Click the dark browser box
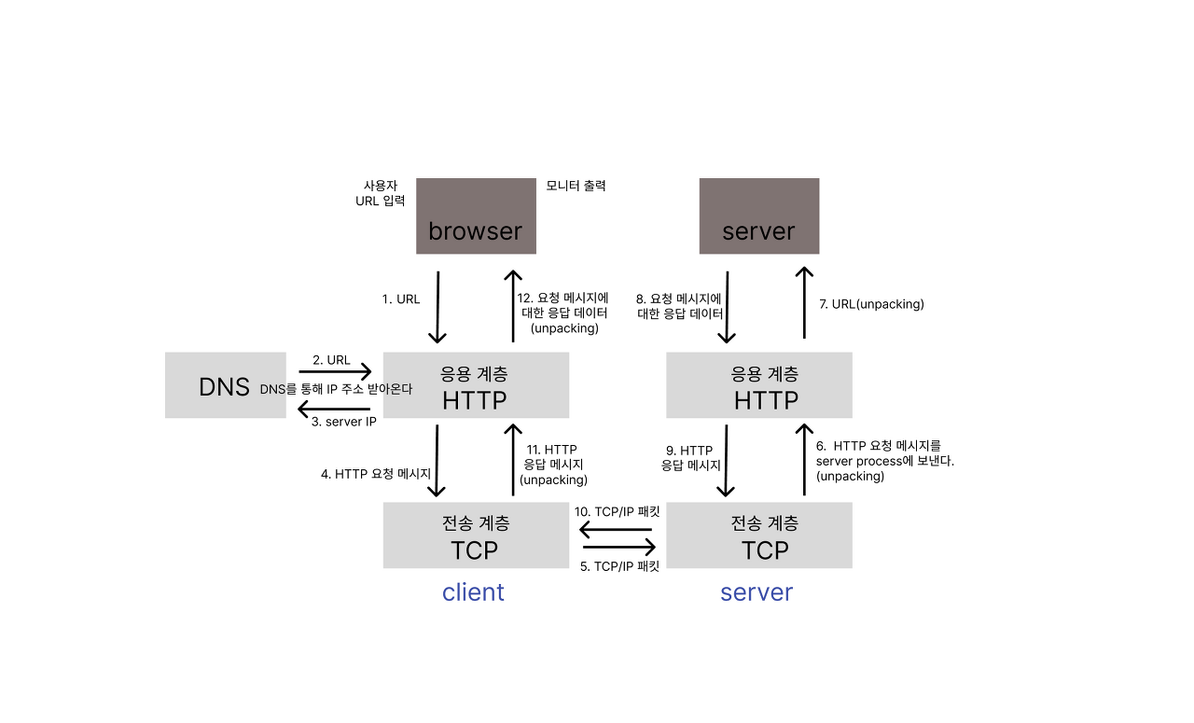pos(476,216)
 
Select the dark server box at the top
pos(759,216)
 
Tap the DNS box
pos(225,385)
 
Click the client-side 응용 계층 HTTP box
pos(476,385)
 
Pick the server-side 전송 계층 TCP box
pos(759,535)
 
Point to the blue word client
pos(473,592)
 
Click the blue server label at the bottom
pos(757,592)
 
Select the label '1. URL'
pos(401,299)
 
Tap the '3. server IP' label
pos(344,422)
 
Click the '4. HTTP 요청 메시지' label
pos(376,474)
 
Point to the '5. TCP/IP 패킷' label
pos(620,566)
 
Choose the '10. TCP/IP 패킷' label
pos(617,512)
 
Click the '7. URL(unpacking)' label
pos(870,304)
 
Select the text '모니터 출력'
pos(576,186)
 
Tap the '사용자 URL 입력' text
pos(381,193)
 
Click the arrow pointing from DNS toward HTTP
pos(335,371)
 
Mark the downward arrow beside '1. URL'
pos(437,308)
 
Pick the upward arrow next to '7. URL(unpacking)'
pos(801,304)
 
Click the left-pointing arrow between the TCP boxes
pos(617,530)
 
